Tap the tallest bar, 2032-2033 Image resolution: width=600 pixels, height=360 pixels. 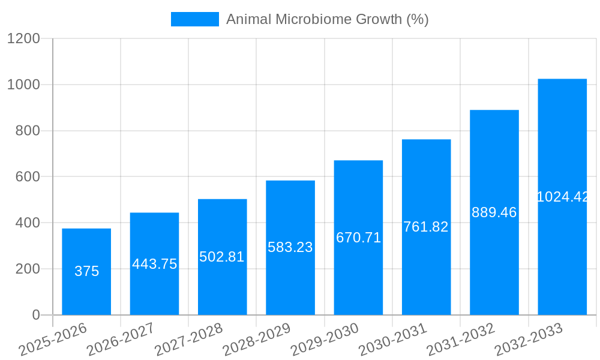(562, 252)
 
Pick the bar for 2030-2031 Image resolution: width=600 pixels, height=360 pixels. (426, 270)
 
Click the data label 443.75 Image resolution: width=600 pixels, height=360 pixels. (154, 264)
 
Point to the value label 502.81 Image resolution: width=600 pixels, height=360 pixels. (222, 257)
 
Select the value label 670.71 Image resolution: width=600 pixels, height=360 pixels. (358, 238)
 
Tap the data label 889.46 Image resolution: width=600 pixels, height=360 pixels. (494, 212)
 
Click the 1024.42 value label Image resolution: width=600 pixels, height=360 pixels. (562, 197)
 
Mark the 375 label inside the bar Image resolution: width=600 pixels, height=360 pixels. (86, 271)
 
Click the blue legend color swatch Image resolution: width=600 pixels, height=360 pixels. (194, 19)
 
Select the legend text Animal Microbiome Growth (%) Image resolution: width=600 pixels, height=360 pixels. (327, 19)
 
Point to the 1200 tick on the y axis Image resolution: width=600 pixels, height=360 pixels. (23, 39)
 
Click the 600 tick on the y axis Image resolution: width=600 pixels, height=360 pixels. (28, 177)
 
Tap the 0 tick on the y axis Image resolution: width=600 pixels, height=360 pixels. (35, 315)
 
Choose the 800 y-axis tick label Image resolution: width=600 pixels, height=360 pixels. (28, 131)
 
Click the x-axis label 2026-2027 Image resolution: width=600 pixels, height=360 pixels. (121, 340)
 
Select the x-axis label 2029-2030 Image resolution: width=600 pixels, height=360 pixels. (325, 340)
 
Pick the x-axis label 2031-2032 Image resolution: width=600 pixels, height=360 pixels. (460, 340)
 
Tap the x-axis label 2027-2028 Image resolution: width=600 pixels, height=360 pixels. (188, 340)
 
